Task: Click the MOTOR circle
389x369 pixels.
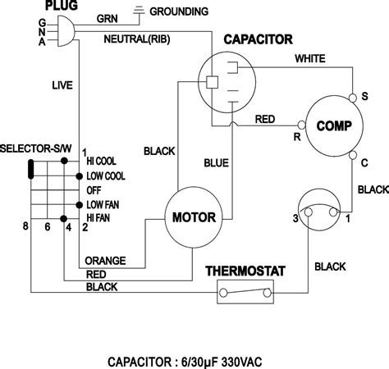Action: pyautogui.click(x=194, y=218)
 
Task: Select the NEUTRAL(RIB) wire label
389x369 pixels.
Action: pyautogui.click(x=137, y=39)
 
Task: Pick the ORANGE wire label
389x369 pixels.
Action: pyautogui.click(x=107, y=260)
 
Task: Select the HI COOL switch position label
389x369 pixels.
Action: pyautogui.click(x=103, y=163)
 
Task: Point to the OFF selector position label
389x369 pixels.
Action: pyautogui.click(x=94, y=189)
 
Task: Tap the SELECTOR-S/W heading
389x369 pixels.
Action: pyautogui.click(x=37, y=148)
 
